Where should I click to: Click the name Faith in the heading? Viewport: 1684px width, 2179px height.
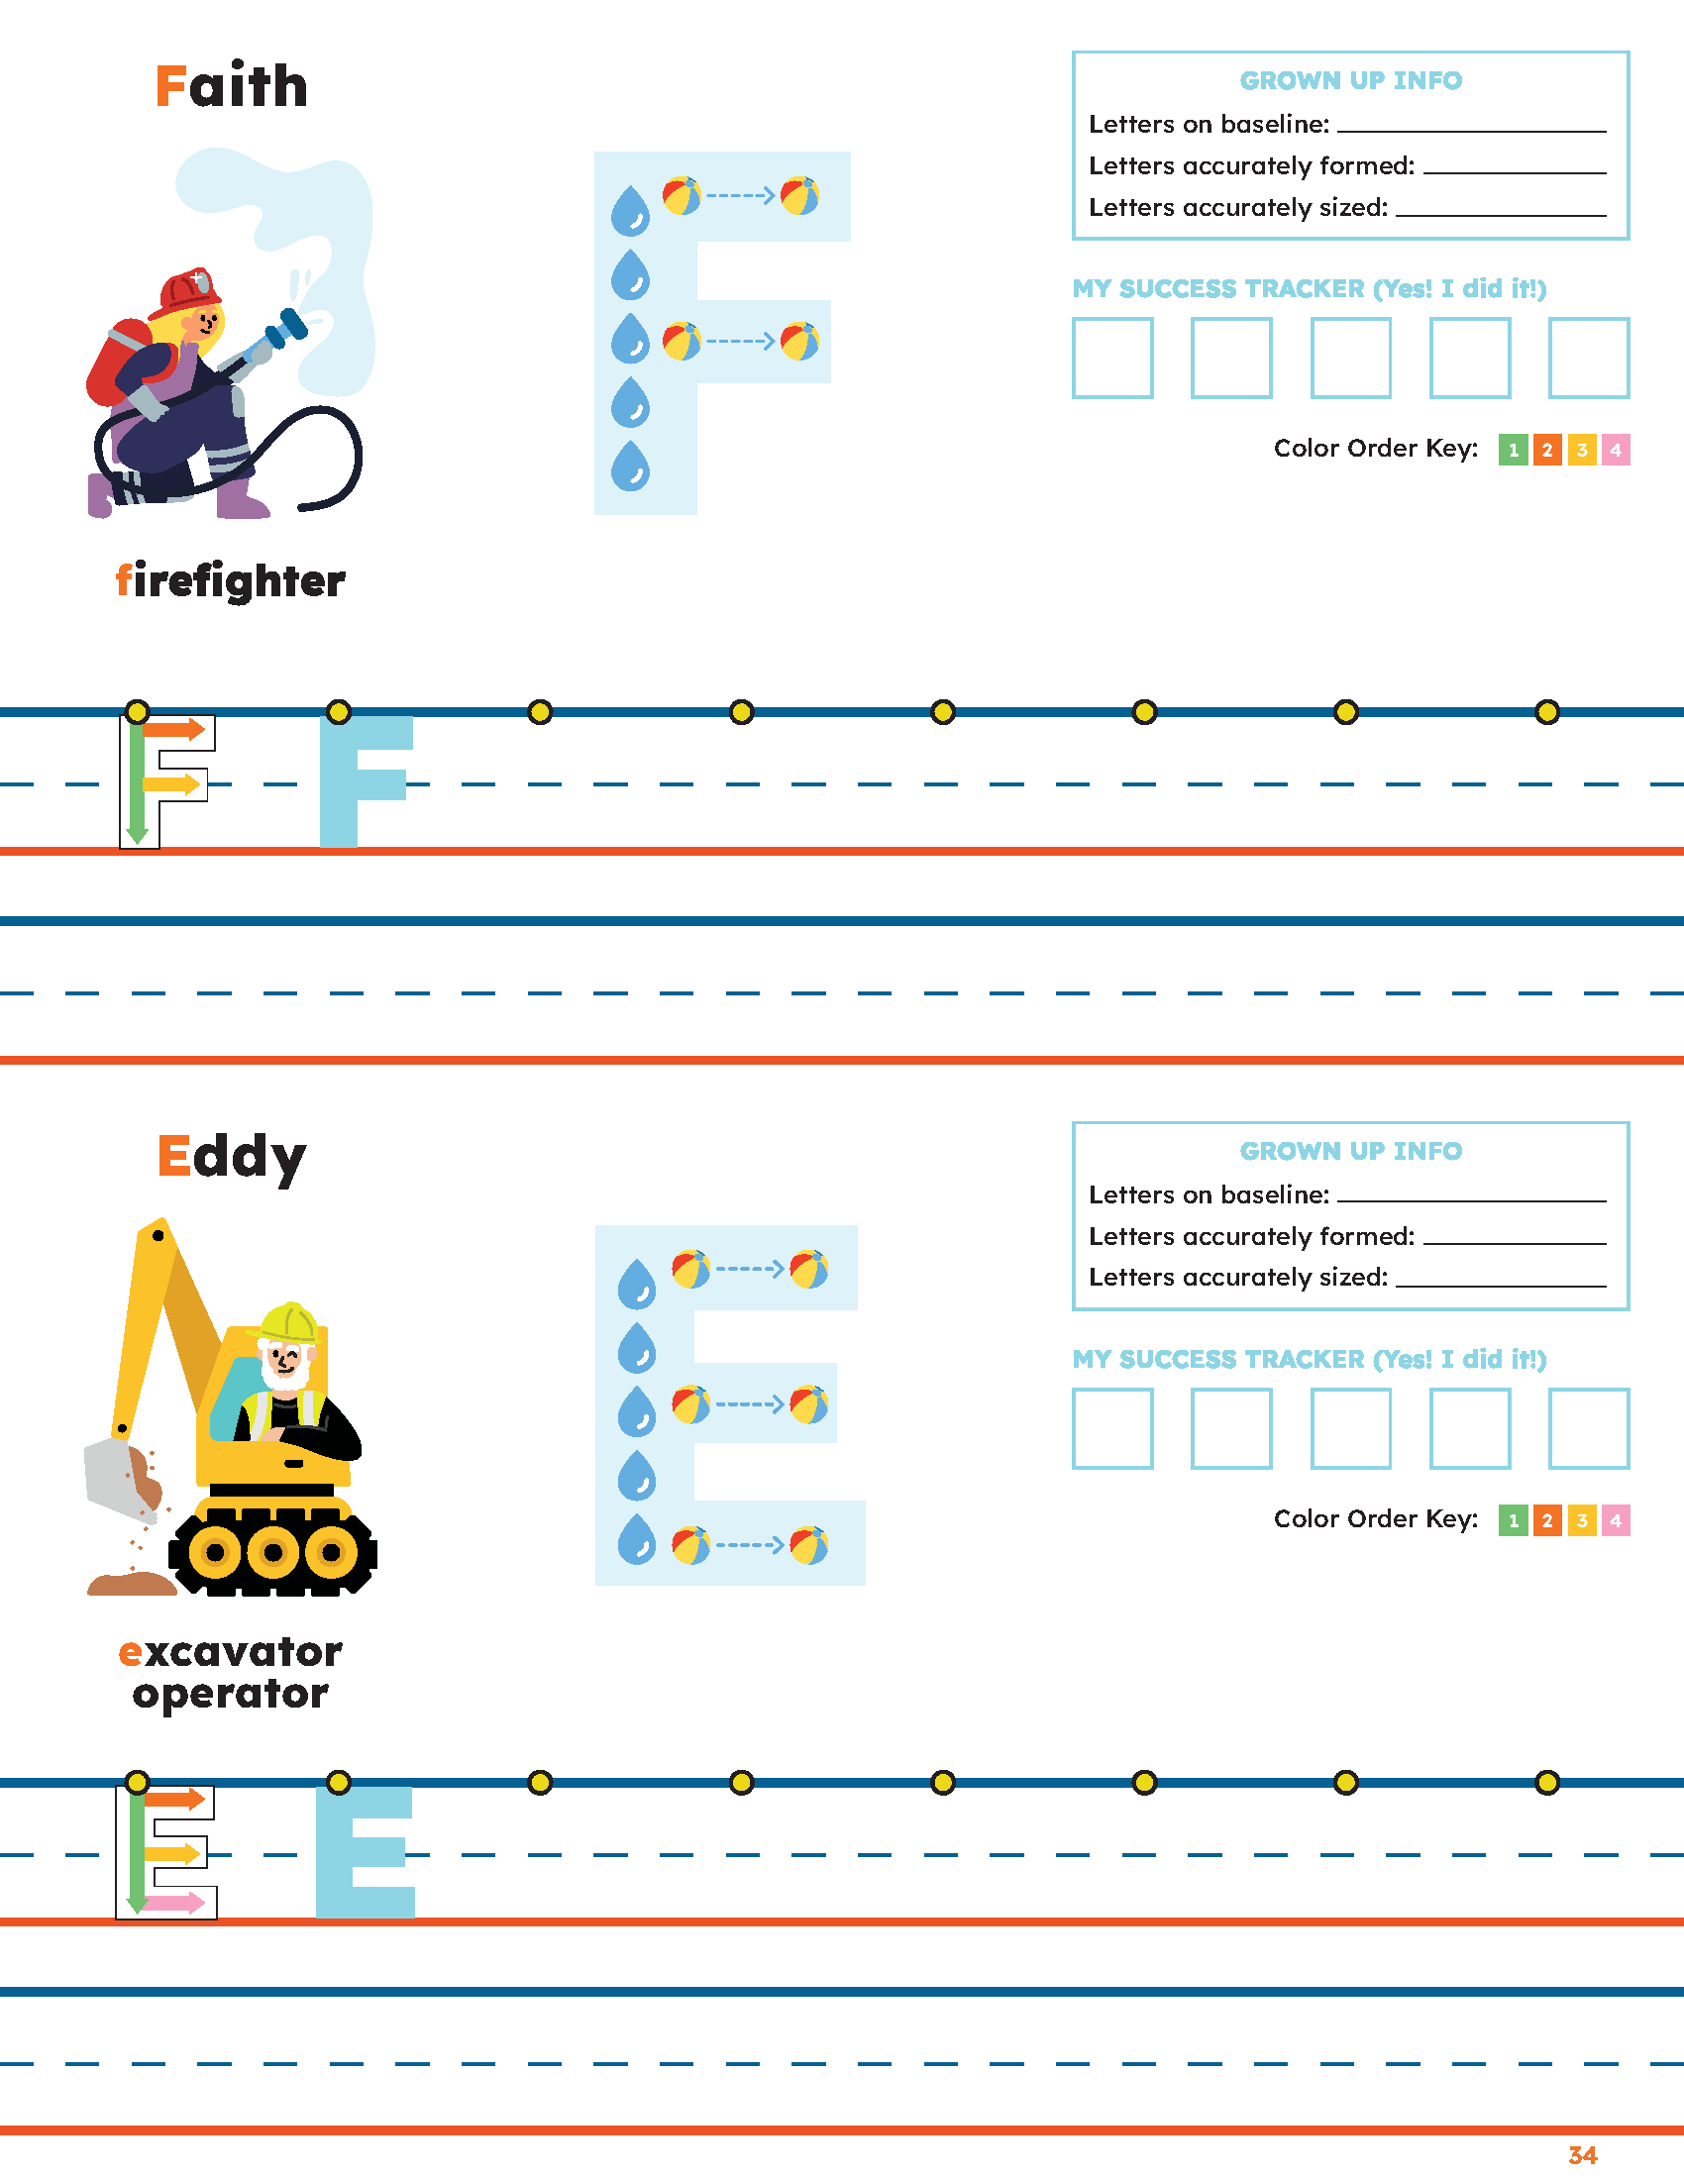click(x=232, y=85)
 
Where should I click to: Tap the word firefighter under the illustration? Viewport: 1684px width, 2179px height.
click(x=231, y=580)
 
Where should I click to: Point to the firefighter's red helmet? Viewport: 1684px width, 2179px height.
click(x=185, y=292)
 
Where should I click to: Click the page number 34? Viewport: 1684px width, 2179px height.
click(x=1582, y=2155)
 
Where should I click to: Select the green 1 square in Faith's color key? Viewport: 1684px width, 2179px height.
click(x=1513, y=450)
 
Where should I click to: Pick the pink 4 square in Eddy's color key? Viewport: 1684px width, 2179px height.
click(x=1616, y=1520)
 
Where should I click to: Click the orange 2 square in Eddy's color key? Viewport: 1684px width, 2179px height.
click(x=1547, y=1520)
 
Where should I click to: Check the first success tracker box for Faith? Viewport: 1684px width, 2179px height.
click(x=1112, y=359)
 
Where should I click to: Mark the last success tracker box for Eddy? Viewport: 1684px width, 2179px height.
click(x=1589, y=1428)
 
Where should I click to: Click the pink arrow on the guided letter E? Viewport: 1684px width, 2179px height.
click(x=173, y=1903)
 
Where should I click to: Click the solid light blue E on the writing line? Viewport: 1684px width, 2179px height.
click(x=366, y=1853)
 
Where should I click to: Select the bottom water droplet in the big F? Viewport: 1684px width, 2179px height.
click(x=630, y=466)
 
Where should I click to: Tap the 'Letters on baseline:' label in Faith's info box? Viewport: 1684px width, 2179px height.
click(x=1210, y=124)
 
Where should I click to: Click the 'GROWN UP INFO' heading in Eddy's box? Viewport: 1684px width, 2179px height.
click(x=1351, y=1150)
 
